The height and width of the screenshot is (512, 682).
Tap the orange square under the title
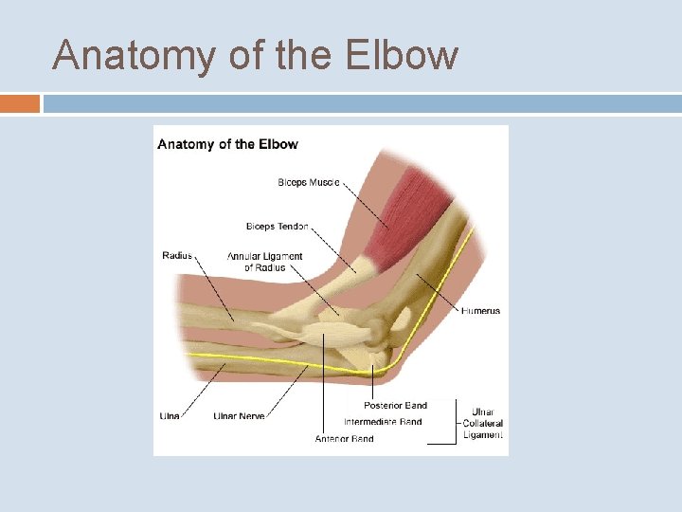point(20,103)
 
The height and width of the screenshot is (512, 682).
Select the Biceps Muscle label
point(309,182)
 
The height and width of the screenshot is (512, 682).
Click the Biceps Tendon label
point(278,227)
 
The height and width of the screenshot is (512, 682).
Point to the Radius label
point(177,255)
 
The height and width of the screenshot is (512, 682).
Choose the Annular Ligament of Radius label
point(264,262)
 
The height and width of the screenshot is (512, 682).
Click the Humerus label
point(481,311)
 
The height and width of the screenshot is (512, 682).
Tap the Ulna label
point(170,416)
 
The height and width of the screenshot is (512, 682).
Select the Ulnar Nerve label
point(239,416)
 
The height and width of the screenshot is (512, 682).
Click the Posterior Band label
point(396,406)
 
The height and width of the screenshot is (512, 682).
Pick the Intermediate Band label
point(383,422)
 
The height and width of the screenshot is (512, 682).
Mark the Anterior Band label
point(344,438)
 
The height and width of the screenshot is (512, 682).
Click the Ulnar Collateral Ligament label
point(483,424)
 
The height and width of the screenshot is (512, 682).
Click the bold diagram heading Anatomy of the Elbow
point(227,144)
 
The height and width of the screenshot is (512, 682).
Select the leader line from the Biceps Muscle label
point(365,203)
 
